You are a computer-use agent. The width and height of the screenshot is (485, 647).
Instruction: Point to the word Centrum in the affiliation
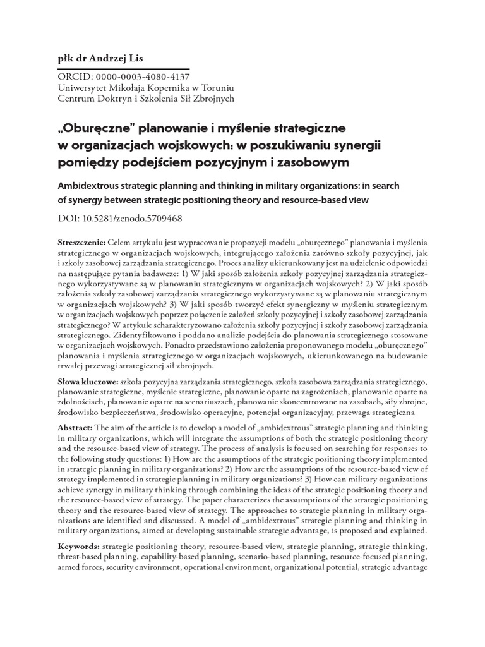coord(76,99)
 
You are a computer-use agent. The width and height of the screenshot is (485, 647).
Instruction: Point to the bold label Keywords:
coord(78,545)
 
